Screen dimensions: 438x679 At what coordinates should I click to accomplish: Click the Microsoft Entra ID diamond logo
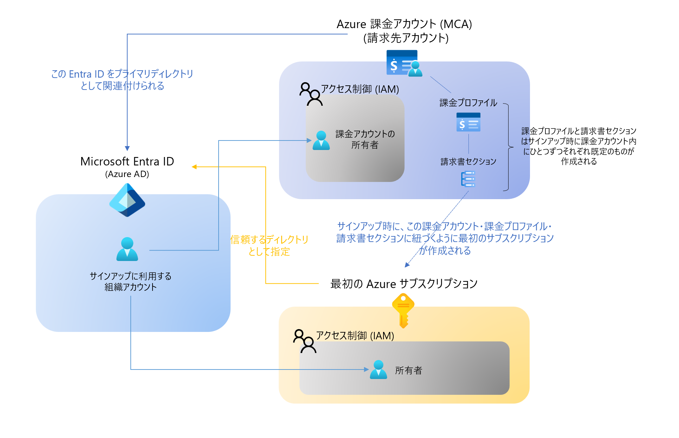point(127,200)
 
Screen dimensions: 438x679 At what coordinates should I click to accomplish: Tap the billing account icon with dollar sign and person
point(404,63)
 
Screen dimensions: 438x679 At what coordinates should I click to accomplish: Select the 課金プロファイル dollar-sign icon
point(468,122)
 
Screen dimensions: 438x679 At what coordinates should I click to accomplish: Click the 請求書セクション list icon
point(468,179)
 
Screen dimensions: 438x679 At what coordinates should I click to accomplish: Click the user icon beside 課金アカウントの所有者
point(321,140)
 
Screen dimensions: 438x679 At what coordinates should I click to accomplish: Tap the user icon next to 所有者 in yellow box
point(378,370)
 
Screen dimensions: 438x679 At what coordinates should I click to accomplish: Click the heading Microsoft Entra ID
point(127,161)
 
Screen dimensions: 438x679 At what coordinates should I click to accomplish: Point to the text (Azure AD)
point(127,174)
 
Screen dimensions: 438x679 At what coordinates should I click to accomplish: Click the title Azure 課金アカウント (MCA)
point(404,24)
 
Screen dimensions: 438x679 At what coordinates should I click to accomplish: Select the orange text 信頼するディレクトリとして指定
point(269,246)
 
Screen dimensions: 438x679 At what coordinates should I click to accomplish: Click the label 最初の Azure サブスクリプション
point(404,284)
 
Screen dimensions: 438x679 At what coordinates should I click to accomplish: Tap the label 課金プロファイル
point(468,103)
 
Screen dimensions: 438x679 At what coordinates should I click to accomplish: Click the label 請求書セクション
point(468,162)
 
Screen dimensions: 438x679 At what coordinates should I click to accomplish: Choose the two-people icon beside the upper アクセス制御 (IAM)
point(311,94)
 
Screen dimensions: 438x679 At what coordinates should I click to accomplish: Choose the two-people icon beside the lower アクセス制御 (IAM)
point(305,341)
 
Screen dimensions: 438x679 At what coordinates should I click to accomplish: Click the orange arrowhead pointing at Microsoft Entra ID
point(194,167)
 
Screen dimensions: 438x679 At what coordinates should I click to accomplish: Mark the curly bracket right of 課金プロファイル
point(508,147)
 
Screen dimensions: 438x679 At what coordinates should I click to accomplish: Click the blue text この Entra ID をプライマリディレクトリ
point(122,74)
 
